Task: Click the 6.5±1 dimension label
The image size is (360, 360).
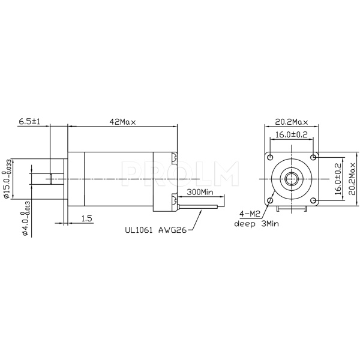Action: click(x=29, y=121)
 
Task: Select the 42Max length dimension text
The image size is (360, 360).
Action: click(x=122, y=121)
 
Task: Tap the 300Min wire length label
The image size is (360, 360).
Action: click(x=200, y=192)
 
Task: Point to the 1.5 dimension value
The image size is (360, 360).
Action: click(x=86, y=219)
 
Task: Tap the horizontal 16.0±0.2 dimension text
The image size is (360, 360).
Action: click(x=292, y=135)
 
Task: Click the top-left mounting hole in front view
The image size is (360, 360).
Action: click(x=271, y=157)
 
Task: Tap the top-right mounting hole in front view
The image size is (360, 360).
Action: click(x=313, y=157)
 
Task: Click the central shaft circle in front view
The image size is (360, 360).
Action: click(x=292, y=178)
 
